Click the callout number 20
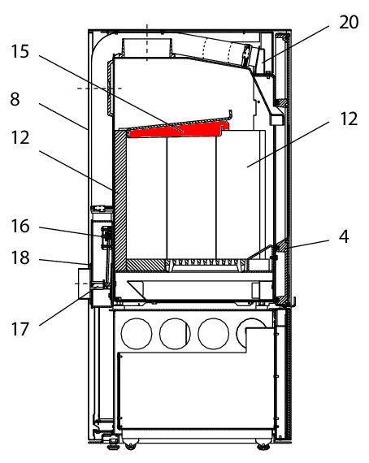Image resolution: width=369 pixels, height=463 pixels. (349, 22)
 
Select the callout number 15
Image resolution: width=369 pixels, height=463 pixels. (20, 51)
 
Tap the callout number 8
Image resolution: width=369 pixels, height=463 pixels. (15, 99)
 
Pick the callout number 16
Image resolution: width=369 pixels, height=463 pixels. (20, 226)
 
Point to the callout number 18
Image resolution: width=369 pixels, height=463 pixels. (20, 257)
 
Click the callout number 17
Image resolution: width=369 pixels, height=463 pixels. (20, 329)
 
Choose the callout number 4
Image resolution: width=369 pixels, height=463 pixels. (344, 236)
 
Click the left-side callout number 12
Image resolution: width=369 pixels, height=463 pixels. (20, 137)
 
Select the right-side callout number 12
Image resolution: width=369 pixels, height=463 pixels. (349, 119)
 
